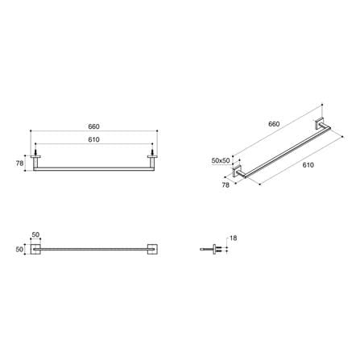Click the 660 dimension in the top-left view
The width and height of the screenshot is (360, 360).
93,126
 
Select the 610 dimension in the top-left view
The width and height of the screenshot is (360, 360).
93,139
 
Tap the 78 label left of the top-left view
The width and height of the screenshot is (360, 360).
19,163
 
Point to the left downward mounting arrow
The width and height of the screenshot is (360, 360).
35,150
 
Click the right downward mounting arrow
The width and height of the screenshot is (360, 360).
152,150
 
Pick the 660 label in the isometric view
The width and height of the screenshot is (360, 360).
274,124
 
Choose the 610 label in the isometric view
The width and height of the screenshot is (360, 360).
308,165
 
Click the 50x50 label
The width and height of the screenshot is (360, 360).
221,160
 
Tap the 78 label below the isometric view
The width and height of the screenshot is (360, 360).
226,184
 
